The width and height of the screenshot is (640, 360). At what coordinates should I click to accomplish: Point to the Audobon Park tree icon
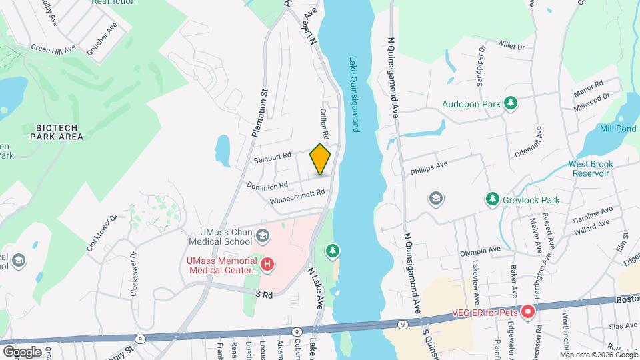pyautogui.click(x=511, y=103)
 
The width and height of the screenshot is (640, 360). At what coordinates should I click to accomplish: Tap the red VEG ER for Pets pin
pyautogui.click(x=527, y=311)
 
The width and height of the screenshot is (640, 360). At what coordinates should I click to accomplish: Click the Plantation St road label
pyautogui.click(x=261, y=113)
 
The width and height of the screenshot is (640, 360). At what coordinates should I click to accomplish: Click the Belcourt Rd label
pyautogui.click(x=273, y=158)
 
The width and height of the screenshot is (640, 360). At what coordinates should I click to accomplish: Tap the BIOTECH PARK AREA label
pyautogui.click(x=57, y=132)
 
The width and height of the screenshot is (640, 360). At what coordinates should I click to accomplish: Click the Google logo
pyautogui.click(x=23, y=351)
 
